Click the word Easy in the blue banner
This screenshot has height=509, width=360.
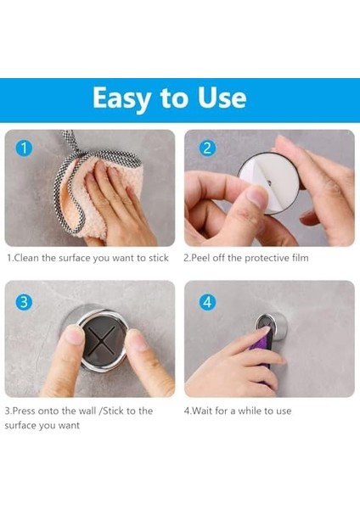click(121, 98)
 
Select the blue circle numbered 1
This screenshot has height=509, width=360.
click(24, 148)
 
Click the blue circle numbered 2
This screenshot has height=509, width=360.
click(207, 148)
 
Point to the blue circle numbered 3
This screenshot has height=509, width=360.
click(24, 302)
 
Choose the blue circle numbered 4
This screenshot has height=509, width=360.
click(207, 302)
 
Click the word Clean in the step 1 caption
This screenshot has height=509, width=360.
click(27, 258)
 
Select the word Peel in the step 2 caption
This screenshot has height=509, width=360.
click(200, 258)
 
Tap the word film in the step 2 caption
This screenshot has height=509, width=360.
click(301, 258)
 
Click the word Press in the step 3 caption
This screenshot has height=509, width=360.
click(24, 411)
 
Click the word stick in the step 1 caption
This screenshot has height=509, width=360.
click(159, 258)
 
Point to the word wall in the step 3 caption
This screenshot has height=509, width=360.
click(87, 411)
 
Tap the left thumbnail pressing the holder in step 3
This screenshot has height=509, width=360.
click(74, 335)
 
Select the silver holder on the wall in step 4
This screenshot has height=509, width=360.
click(272, 326)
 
